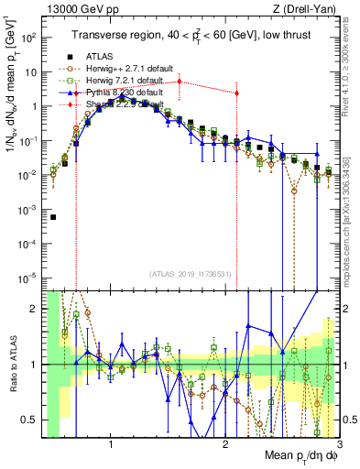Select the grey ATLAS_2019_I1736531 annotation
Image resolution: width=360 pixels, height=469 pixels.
(x=190, y=274)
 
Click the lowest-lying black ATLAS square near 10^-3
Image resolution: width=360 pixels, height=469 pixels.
(x=53, y=217)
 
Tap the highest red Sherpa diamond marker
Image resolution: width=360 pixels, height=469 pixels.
(x=180, y=82)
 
